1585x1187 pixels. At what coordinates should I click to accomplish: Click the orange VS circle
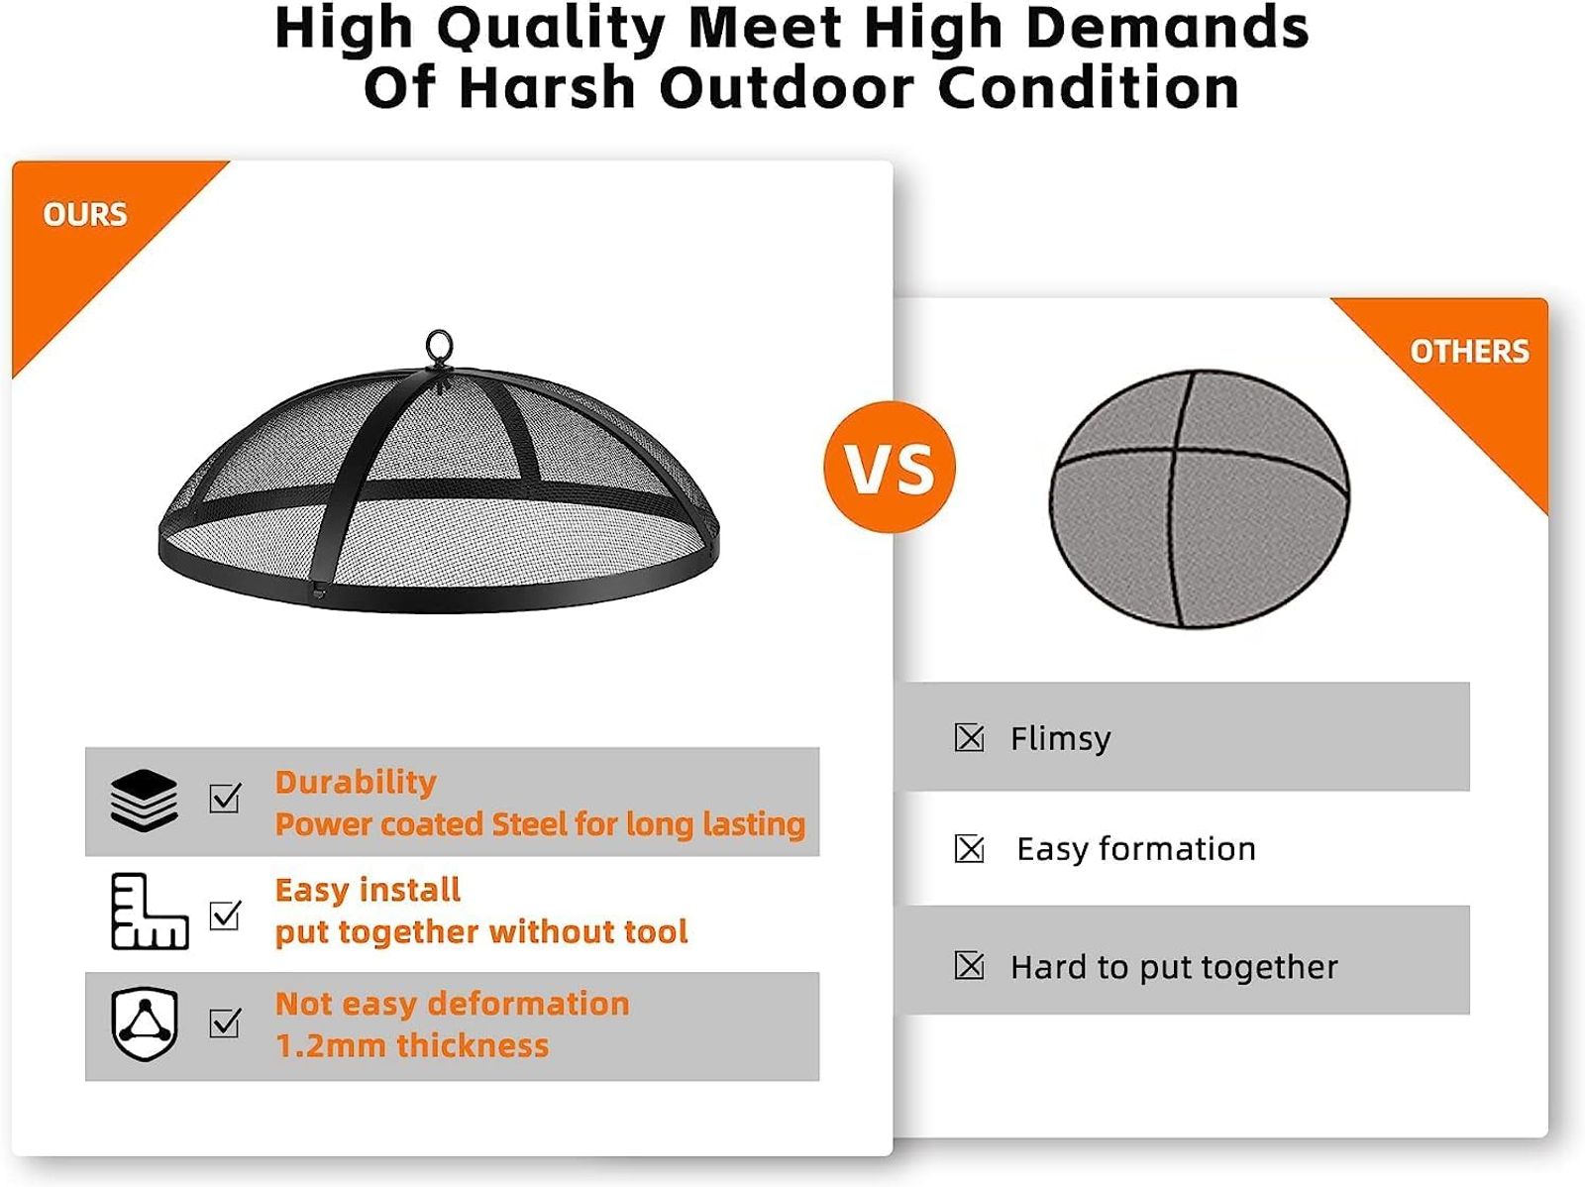(889, 467)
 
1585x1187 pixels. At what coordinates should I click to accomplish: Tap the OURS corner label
(85, 214)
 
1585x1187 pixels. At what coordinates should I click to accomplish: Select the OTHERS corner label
(1469, 352)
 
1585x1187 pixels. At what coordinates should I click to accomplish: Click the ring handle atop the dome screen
(440, 348)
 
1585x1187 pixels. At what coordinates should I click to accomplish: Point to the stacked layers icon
(144, 801)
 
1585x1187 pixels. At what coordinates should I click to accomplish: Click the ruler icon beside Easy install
(150, 912)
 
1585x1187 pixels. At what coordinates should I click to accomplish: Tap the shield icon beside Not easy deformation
(145, 1025)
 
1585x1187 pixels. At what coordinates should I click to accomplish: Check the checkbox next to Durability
(225, 799)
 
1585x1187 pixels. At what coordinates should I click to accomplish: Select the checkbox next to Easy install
(225, 916)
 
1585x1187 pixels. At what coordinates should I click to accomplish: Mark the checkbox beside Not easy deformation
(225, 1024)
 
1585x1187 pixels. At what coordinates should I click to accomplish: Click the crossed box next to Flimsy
(969, 738)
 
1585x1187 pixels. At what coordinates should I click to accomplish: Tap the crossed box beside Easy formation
(969, 849)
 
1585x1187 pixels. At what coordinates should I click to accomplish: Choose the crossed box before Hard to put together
(969, 966)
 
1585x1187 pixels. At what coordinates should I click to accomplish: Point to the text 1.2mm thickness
(412, 1045)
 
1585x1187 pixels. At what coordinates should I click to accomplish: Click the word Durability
(356, 784)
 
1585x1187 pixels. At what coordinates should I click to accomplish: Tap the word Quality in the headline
(550, 31)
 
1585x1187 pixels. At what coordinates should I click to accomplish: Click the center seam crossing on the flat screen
(1176, 451)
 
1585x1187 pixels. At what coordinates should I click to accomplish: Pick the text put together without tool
(481, 932)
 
